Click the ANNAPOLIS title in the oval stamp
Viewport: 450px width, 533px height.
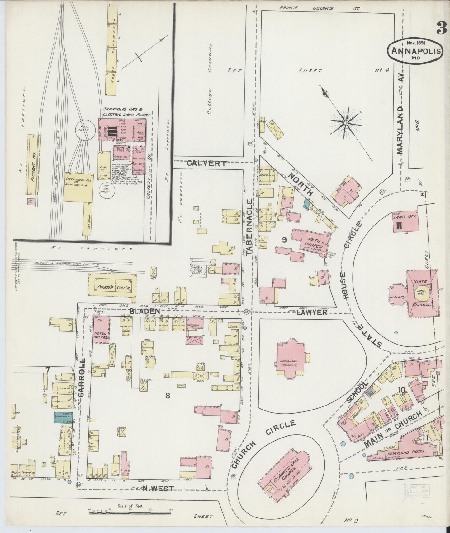pos(415,51)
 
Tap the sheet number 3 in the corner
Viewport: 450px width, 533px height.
pos(442,29)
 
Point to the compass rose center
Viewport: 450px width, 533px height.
pos(346,124)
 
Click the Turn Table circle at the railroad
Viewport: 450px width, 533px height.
pos(83,130)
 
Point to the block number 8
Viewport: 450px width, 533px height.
pos(168,396)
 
